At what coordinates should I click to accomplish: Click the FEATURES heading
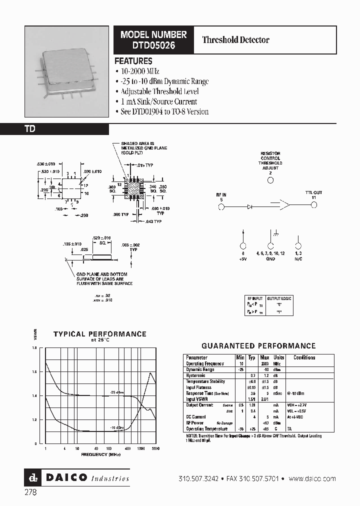click(133, 61)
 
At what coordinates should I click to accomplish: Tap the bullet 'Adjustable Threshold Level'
click(159, 91)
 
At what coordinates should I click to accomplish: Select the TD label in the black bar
click(30, 129)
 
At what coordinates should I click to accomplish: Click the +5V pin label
click(243, 259)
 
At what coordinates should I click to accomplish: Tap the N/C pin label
click(298, 259)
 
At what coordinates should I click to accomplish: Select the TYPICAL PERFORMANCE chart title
click(100, 334)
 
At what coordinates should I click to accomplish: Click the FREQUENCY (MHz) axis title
click(101, 454)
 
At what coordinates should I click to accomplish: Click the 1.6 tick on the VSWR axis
click(34, 372)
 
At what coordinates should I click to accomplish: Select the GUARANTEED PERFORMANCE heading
click(258, 345)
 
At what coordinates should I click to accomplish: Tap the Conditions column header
click(304, 357)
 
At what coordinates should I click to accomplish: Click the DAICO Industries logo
click(77, 478)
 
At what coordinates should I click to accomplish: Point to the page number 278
click(30, 492)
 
